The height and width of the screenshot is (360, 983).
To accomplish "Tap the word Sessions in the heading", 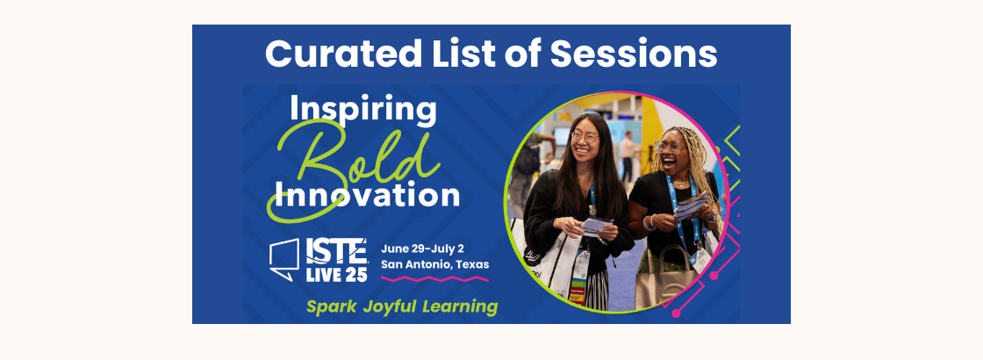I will click(x=634, y=54).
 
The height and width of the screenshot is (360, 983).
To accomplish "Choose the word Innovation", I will click(x=366, y=194).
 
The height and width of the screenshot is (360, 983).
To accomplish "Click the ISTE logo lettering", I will click(x=336, y=252).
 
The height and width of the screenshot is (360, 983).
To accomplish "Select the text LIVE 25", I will click(x=336, y=273).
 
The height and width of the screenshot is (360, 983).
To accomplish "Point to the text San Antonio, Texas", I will click(x=434, y=263).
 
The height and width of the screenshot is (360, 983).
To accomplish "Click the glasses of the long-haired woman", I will click(x=585, y=137).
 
